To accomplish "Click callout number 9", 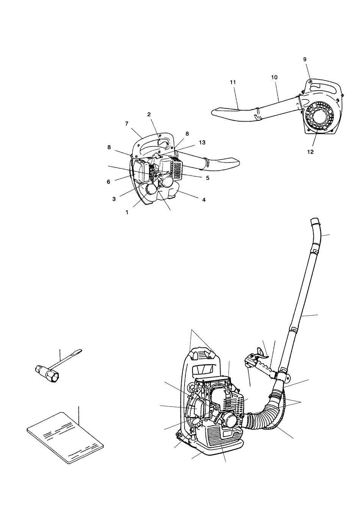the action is pyautogui.click(x=305, y=59).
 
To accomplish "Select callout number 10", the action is pyautogui.click(x=274, y=77).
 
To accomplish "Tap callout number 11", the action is pyautogui.click(x=233, y=82).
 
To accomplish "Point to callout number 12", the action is pyautogui.click(x=310, y=152).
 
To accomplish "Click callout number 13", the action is pyautogui.click(x=202, y=142).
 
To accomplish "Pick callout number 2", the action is pyautogui.click(x=149, y=114).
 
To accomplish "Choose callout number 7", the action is pyautogui.click(x=127, y=124).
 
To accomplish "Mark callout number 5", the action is pyautogui.click(x=208, y=178).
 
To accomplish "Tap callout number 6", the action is pyautogui.click(x=108, y=182).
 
